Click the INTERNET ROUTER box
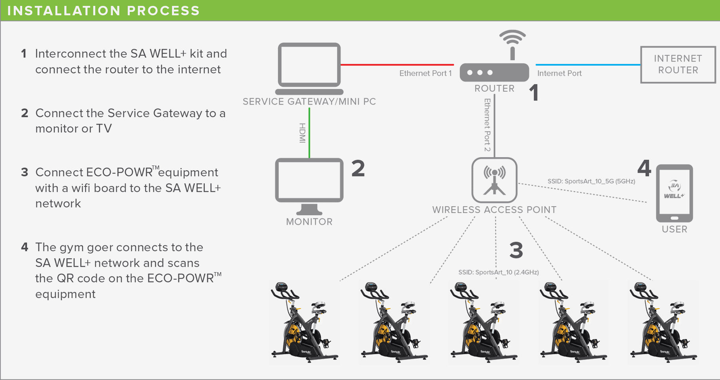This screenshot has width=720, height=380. pyautogui.click(x=678, y=64)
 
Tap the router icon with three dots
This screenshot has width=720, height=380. pyautogui.click(x=494, y=73)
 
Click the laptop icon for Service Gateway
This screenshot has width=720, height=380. pyautogui.click(x=309, y=67)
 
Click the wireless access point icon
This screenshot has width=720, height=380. pyautogui.click(x=494, y=180)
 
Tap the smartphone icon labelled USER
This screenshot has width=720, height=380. pyautogui.click(x=674, y=193)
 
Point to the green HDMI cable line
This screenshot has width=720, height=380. pyautogui.click(x=309, y=132)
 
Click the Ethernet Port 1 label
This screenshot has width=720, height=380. pyautogui.click(x=425, y=73)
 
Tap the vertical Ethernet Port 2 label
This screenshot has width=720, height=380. pyautogui.click(x=488, y=125)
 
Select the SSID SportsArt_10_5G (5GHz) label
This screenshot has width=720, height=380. pyautogui.click(x=591, y=181)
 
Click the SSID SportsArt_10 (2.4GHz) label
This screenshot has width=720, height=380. pyautogui.click(x=498, y=272)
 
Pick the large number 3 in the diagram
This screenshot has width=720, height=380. pyautogui.click(x=516, y=250)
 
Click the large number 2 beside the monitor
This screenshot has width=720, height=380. pyautogui.click(x=358, y=168)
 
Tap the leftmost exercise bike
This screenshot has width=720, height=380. pyautogui.click(x=304, y=322)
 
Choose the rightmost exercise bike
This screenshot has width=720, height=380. pyautogui.click(x=663, y=322)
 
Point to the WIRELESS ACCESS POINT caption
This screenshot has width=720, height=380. pyautogui.click(x=494, y=210)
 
